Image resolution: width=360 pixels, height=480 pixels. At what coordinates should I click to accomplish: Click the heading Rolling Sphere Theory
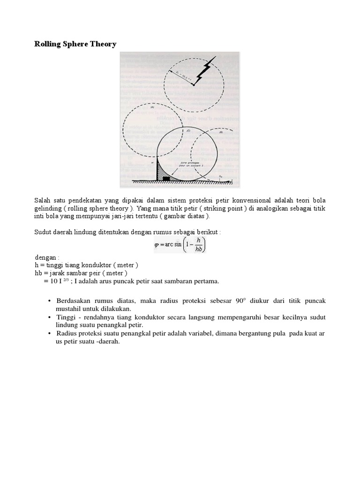[x=75, y=44]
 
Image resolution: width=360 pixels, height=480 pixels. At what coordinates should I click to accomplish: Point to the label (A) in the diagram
[x=140, y=107]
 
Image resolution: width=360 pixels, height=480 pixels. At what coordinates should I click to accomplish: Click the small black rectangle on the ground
[x=166, y=178]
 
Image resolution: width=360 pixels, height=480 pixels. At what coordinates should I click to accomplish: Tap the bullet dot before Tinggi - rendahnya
[x=49, y=317]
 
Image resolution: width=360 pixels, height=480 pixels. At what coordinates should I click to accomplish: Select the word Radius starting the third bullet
[x=67, y=334]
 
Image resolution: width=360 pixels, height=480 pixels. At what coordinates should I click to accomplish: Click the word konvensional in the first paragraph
[x=262, y=200]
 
